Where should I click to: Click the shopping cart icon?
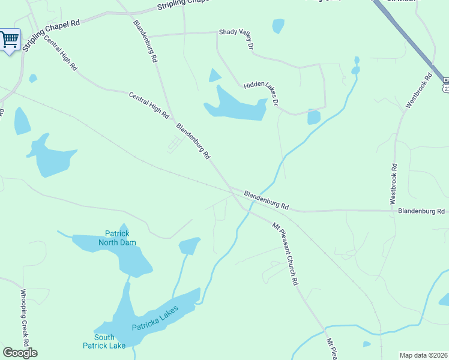[10, 40]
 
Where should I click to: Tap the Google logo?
[20, 353]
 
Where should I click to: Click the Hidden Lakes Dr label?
[262, 94]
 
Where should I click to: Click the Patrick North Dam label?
[117, 238]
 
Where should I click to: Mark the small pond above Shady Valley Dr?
[278, 26]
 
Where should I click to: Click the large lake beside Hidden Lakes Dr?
[237, 106]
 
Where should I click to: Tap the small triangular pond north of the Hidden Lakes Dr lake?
[214, 76]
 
